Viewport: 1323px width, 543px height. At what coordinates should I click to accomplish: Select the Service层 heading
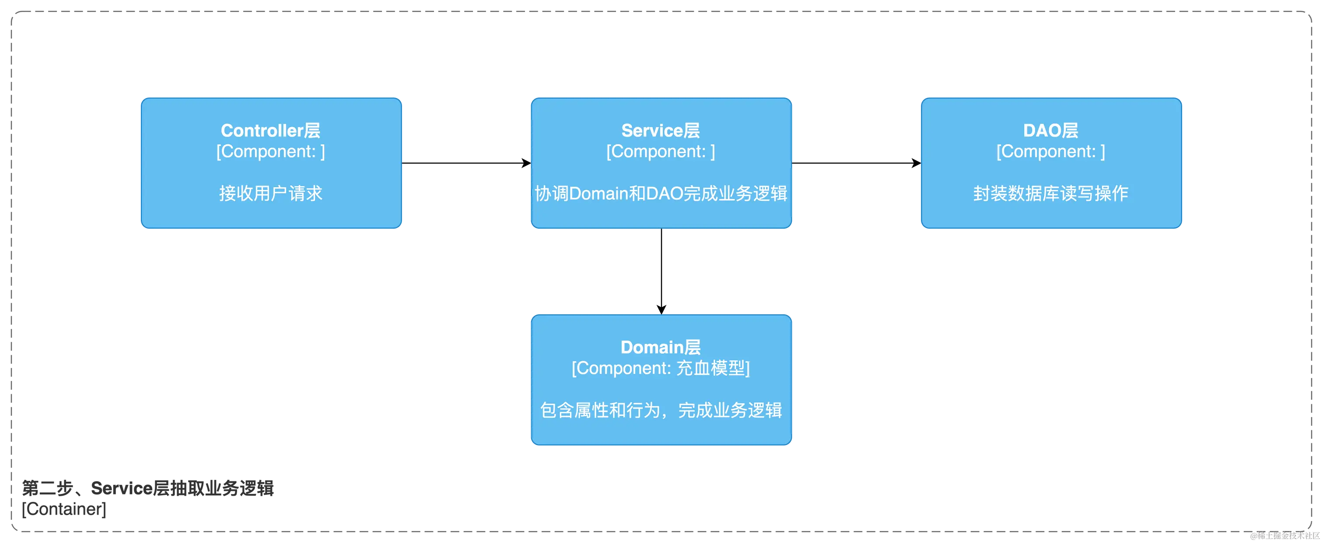click(661, 130)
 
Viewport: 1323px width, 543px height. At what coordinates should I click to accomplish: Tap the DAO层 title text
click(1050, 130)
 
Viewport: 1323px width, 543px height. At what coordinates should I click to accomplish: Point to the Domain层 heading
click(661, 347)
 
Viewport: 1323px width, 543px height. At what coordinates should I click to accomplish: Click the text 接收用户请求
click(271, 193)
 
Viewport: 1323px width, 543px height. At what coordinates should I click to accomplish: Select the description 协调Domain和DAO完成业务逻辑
click(661, 193)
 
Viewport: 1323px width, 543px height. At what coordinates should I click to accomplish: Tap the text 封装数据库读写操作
click(1050, 193)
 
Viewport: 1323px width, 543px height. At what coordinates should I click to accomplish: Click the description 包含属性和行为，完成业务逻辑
click(661, 410)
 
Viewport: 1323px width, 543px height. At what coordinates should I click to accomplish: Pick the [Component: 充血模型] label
click(661, 368)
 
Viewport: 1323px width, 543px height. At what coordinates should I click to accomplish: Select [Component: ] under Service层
click(661, 151)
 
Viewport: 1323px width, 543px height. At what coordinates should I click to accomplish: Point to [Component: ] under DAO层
click(1050, 151)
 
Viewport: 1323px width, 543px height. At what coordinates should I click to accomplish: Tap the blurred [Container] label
click(65, 510)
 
